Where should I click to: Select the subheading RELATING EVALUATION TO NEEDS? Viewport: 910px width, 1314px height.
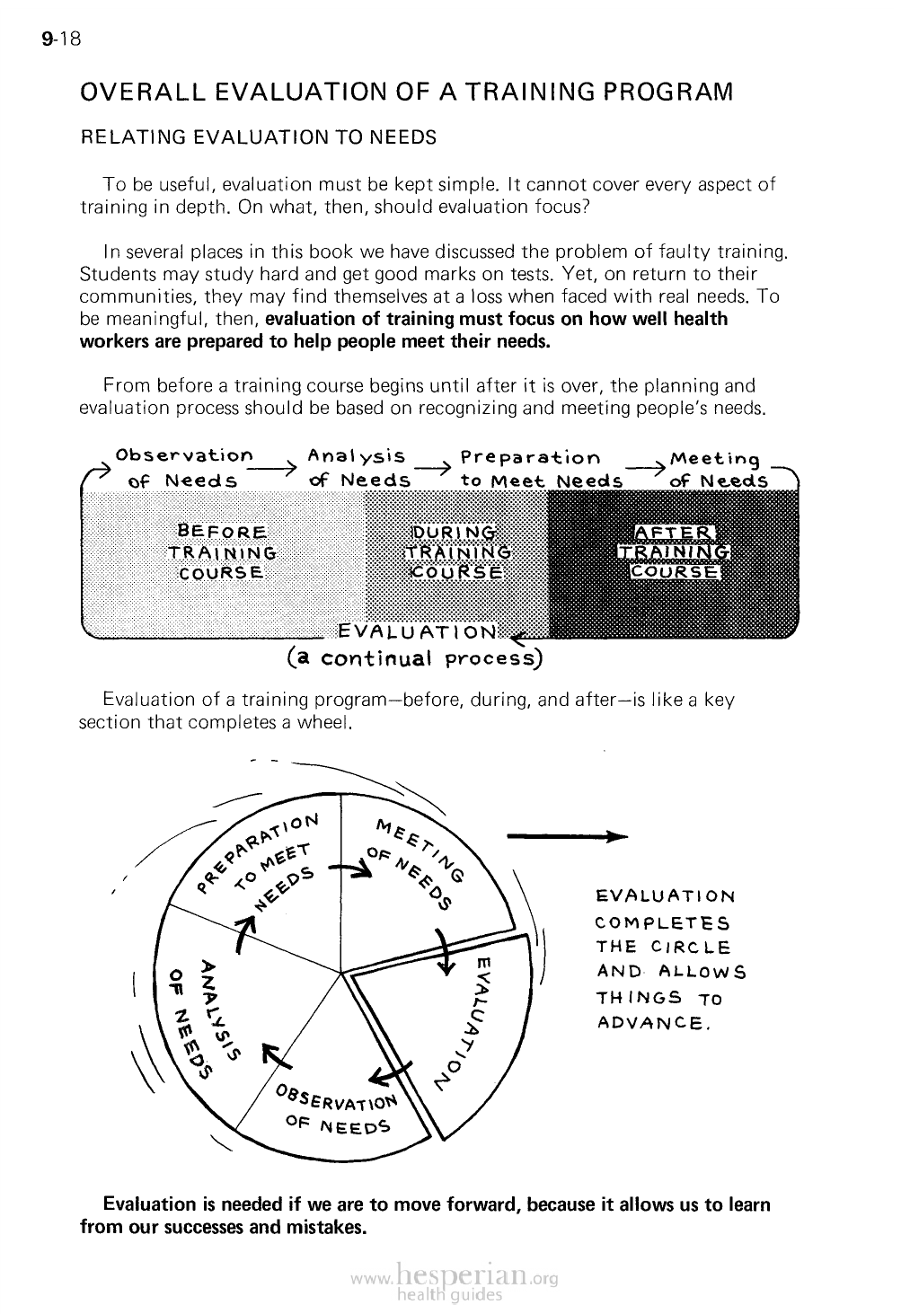point(258,137)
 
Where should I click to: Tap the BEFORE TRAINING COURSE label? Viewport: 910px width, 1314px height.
point(221,551)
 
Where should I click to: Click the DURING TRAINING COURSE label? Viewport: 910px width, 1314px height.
point(457,551)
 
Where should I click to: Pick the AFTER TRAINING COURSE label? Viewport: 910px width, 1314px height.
point(674,551)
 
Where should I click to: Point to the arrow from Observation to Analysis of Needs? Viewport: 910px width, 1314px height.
point(270,470)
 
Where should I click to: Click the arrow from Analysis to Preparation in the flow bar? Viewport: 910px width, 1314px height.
point(433,469)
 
